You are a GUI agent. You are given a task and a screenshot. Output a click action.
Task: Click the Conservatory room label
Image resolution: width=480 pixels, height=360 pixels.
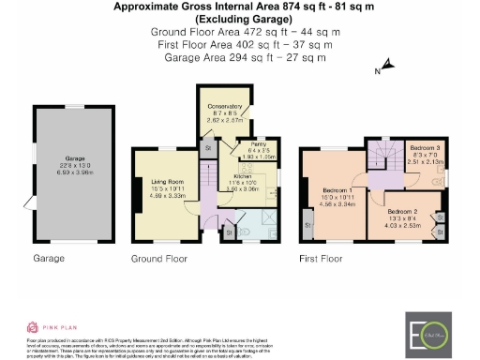[x=224, y=107]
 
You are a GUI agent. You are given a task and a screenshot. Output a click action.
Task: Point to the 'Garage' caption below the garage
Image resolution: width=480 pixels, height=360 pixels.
[x=48, y=258]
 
